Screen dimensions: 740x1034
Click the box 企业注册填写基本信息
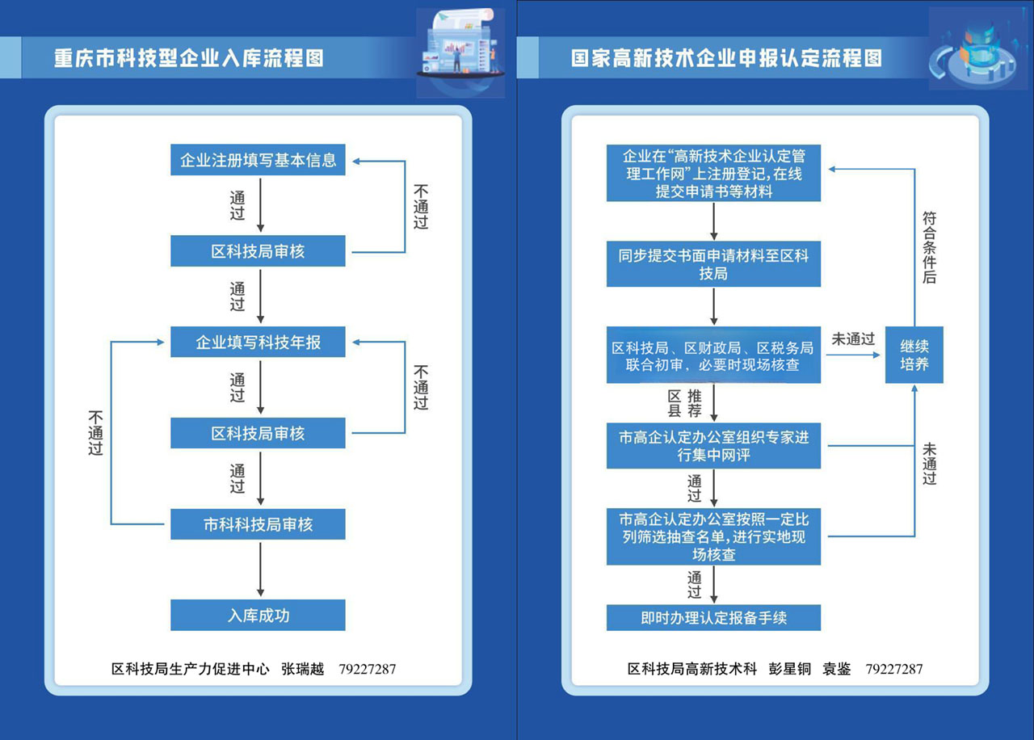pyautogui.click(x=258, y=160)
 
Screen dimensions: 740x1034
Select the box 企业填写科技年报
pyautogui.click(x=258, y=343)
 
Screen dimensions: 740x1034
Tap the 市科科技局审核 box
pyautogui.click(x=258, y=524)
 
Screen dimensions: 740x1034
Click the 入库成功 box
pyautogui.click(x=258, y=616)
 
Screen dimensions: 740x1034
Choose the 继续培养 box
pyautogui.click(x=914, y=355)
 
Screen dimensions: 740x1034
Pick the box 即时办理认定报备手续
pyautogui.click(x=713, y=618)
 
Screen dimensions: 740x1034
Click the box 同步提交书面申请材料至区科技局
pyautogui.click(x=713, y=264)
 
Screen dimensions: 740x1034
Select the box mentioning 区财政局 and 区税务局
pyautogui.click(x=713, y=356)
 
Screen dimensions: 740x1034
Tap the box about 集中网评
pyautogui.click(x=713, y=447)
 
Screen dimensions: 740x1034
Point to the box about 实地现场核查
pyautogui.click(x=713, y=536)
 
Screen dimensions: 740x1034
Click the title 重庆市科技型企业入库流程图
pyautogui.click(x=189, y=59)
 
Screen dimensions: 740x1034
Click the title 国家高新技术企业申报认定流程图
pyautogui.click(x=726, y=58)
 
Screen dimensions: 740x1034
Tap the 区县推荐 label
pyautogui.click(x=685, y=403)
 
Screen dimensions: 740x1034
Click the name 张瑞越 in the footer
pyautogui.click(x=302, y=669)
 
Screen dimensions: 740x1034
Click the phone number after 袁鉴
pyautogui.click(x=893, y=669)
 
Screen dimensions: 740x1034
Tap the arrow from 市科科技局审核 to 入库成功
pyautogui.click(x=260, y=570)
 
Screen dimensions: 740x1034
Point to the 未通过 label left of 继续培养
pyautogui.click(x=853, y=339)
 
